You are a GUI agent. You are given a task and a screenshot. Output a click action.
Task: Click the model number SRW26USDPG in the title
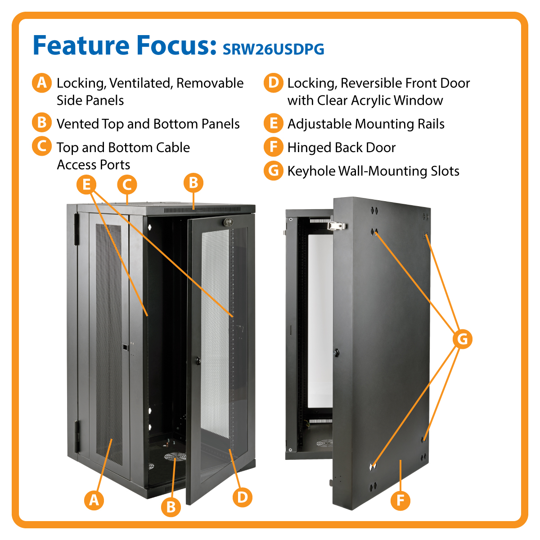(273, 49)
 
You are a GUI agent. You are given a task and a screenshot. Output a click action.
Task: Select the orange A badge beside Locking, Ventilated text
(42, 83)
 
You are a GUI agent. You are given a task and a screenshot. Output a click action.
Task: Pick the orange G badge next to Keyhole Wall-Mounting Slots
(273, 171)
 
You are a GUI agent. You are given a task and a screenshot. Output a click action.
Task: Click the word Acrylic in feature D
(371, 100)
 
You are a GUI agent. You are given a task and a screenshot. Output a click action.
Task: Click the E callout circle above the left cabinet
(86, 184)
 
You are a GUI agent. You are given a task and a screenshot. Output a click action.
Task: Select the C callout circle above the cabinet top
(127, 184)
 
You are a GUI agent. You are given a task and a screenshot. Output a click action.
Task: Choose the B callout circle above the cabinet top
(193, 183)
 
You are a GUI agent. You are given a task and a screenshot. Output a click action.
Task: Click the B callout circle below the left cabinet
(171, 507)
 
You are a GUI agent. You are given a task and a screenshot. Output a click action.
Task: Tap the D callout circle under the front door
(242, 497)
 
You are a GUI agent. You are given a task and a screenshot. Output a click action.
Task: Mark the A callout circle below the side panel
(94, 500)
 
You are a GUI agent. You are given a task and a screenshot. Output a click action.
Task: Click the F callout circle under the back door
(400, 500)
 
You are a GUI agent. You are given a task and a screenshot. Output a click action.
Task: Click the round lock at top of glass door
(227, 222)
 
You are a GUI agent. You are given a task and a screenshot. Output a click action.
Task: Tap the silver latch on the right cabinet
(337, 226)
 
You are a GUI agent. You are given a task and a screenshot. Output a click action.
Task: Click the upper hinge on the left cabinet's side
(76, 229)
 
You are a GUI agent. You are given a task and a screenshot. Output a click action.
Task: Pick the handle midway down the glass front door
(198, 360)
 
